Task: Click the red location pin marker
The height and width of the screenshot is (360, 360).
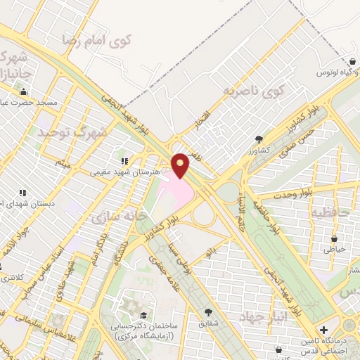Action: coord(181,165)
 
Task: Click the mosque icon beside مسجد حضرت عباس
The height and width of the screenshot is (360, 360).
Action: coord(24,91)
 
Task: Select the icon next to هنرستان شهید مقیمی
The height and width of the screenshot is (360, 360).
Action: coord(125,161)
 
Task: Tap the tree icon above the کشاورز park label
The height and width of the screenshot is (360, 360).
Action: coord(259,139)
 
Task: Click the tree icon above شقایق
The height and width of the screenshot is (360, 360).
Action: coord(208,311)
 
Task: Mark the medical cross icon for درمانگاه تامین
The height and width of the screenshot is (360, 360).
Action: coord(323,330)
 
